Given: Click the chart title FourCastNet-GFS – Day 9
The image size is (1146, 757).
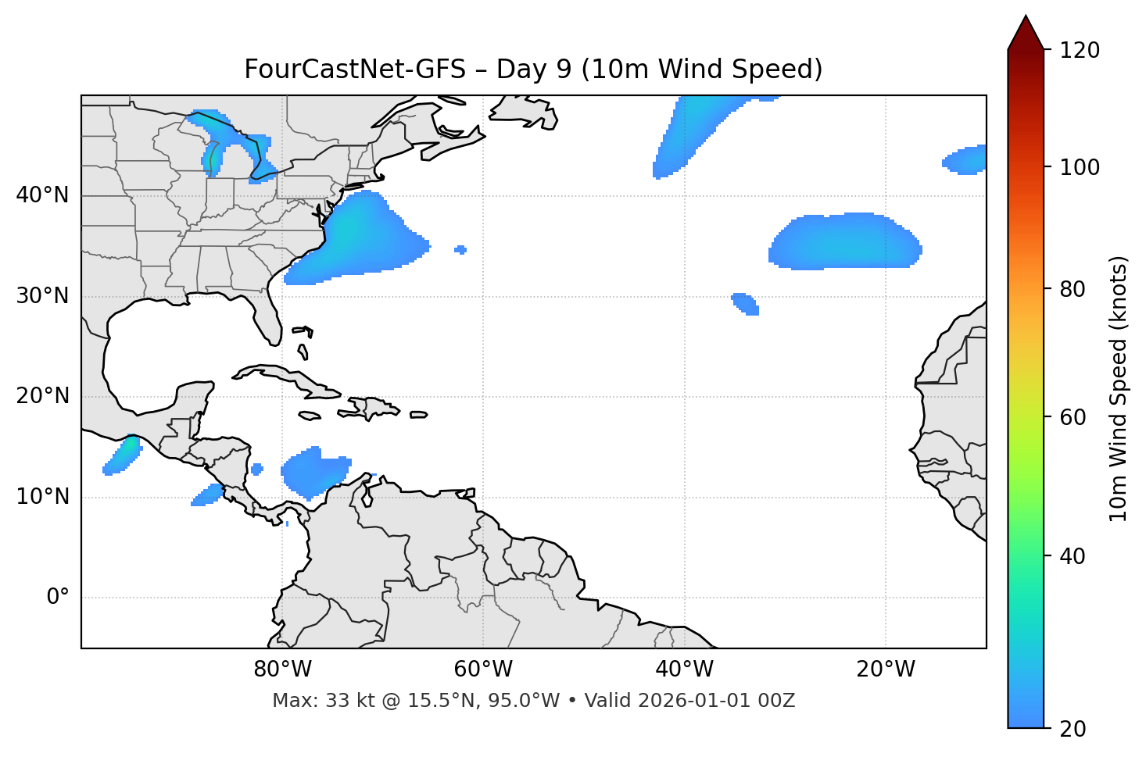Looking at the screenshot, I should click(x=533, y=70).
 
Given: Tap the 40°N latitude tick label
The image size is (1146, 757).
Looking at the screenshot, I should click(x=42, y=195).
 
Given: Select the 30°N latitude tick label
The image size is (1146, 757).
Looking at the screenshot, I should click(x=42, y=296).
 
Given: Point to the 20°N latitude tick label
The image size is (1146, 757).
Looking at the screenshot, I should click(x=42, y=396).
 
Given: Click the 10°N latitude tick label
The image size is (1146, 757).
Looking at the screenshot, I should click(x=42, y=497).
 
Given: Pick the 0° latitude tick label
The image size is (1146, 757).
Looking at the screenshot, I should click(x=58, y=598).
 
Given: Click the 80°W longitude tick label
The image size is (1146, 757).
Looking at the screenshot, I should click(x=282, y=670).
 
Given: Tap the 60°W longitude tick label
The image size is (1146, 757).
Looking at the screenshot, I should click(x=483, y=670).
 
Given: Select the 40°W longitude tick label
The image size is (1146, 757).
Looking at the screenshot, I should click(x=684, y=670).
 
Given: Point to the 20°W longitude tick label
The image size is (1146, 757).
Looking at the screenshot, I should click(x=885, y=670).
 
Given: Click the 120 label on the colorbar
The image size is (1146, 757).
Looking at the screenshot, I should click(x=1080, y=50).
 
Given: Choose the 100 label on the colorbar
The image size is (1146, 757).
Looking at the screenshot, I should click(x=1080, y=167).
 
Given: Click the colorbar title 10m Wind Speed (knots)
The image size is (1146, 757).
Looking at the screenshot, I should click(x=1119, y=388).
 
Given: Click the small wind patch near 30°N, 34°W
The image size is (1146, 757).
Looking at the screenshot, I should click(x=745, y=303).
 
